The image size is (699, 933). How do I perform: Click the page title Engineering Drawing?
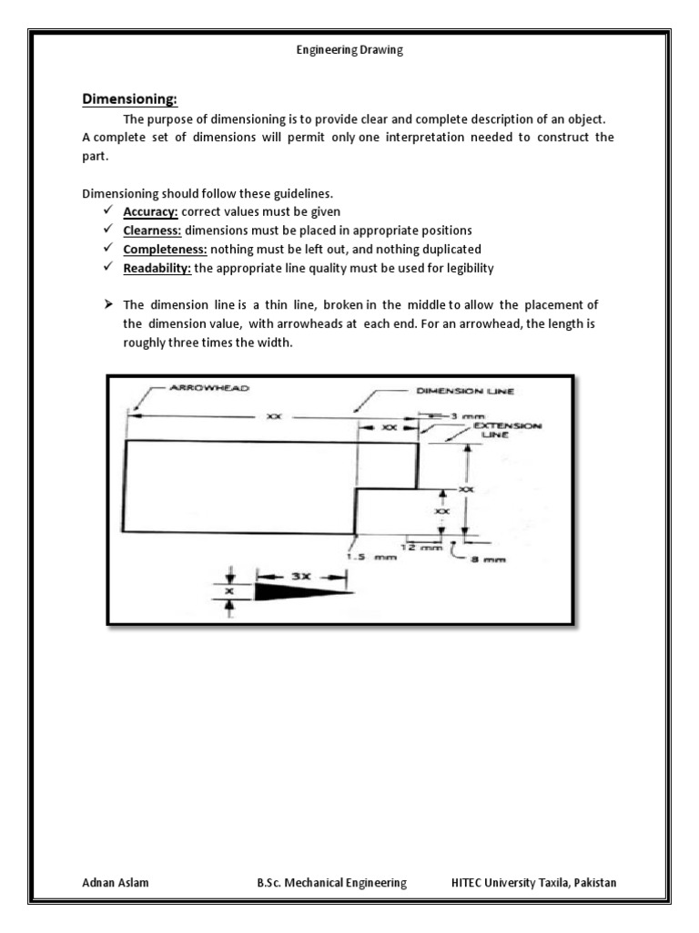coord(349,51)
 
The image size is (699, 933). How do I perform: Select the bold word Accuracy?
coord(151,211)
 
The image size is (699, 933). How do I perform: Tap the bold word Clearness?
coord(153,230)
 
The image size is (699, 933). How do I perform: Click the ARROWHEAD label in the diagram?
coord(208,387)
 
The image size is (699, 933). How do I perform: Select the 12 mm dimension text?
coord(421,548)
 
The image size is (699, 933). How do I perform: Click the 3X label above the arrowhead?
coord(301,576)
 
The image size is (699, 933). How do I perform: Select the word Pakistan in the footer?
coord(592,882)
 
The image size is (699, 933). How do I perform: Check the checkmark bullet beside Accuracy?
coord(107,211)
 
